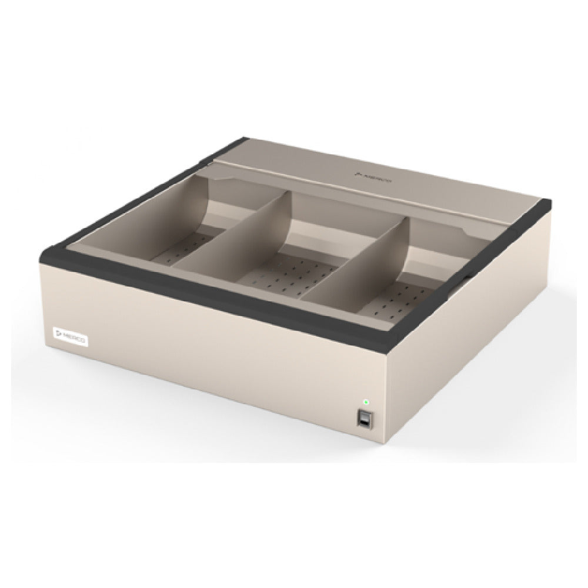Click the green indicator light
point(366,402)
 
